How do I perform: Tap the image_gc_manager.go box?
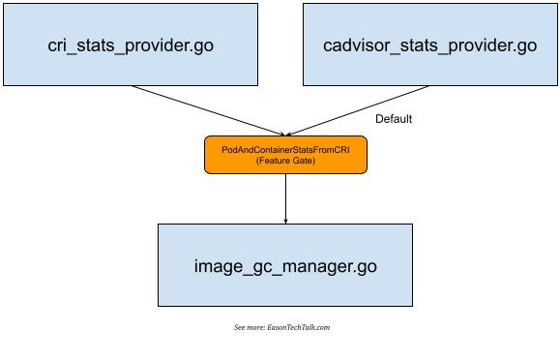(284, 264)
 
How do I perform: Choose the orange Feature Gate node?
(285, 155)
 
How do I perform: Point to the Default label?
(393, 119)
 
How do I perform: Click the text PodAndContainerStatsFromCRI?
(285, 149)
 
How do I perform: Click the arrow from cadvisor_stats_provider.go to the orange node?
(358, 109)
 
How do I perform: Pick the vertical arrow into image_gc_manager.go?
(285, 198)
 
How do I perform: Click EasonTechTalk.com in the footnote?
(302, 327)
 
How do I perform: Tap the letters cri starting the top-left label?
(59, 45)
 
